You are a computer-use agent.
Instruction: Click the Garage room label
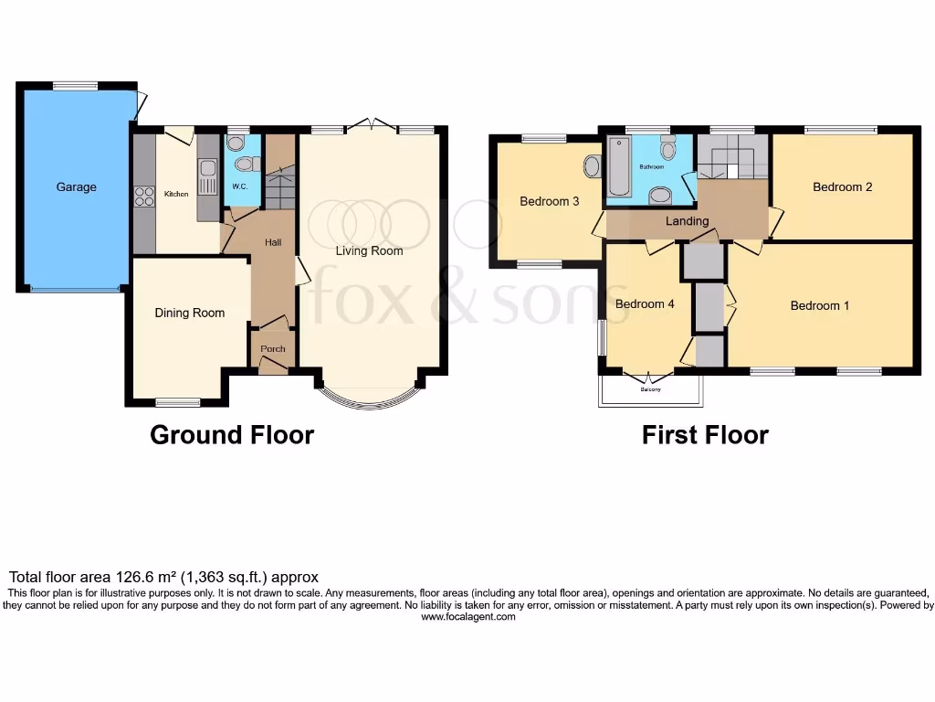coord(76,187)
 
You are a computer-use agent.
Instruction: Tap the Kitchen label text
coord(175,194)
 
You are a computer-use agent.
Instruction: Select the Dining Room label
coord(189,313)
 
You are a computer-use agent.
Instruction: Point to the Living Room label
coord(369,250)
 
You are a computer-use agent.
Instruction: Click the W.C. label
coord(240,186)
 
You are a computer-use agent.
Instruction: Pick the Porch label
coord(273,349)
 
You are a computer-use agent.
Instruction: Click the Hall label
coord(273,243)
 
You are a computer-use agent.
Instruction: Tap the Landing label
coord(687,221)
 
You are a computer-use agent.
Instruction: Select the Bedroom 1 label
coord(819,305)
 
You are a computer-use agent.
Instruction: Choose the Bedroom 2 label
coord(842,186)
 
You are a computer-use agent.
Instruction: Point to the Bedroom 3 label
coord(550,201)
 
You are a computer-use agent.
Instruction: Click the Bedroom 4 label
coord(644,303)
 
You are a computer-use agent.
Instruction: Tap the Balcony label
coord(650,389)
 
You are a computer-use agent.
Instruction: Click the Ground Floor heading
coord(232,435)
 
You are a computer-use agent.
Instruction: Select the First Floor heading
coord(705,435)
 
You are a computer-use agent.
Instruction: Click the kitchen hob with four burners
coord(144,197)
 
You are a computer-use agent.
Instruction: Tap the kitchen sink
coord(207,170)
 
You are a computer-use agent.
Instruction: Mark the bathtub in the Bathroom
coord(618,166)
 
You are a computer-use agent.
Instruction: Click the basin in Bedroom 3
coord(592,166)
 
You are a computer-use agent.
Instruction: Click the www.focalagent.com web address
coord(467,617)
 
